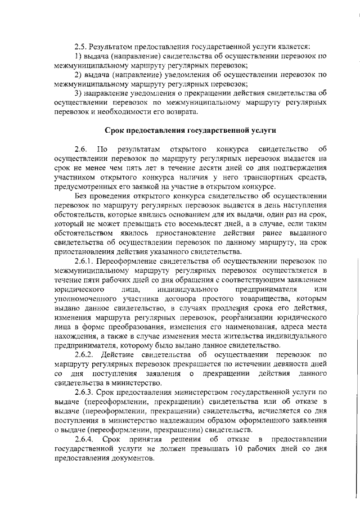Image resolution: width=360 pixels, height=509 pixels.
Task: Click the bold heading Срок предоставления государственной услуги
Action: (x=191, y=130)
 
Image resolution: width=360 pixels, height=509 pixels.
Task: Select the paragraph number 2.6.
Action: (x=82, y=148)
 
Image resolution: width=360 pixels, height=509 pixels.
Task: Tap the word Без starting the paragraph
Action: (x=83, y=195)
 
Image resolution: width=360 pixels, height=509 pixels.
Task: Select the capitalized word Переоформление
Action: (x=127, y=261)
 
